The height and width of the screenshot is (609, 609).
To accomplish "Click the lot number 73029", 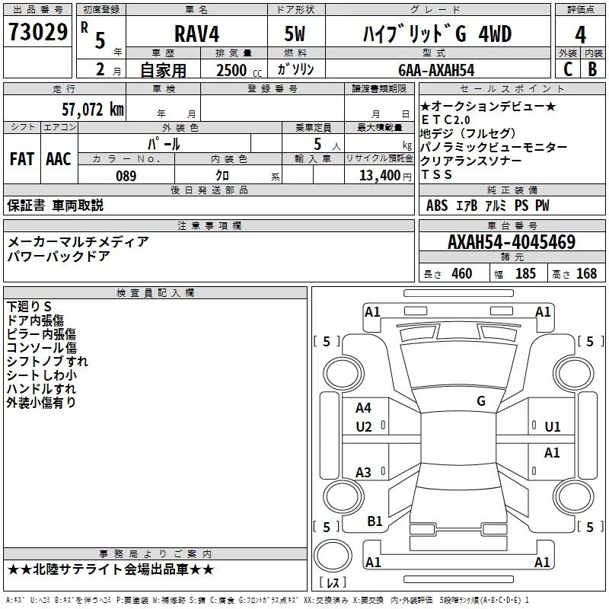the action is [x=38, y=31].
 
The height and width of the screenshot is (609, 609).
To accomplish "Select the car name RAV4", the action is [x=196, y=33].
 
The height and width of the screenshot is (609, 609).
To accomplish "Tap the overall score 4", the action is [x=580, y=34].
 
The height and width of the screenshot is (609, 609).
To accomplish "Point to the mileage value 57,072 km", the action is [x=93, y=110].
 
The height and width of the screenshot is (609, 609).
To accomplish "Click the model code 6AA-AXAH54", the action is [x=436, y=70].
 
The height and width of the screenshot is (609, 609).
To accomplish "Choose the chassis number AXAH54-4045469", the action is [x=512, y=242].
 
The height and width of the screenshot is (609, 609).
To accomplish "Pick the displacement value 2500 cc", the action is [x=239, y=70].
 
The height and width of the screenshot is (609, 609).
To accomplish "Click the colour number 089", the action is [x=126, y=176].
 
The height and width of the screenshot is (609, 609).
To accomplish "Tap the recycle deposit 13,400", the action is [x=380, y=176].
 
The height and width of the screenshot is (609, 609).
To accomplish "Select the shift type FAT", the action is [x=22, y=159].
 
